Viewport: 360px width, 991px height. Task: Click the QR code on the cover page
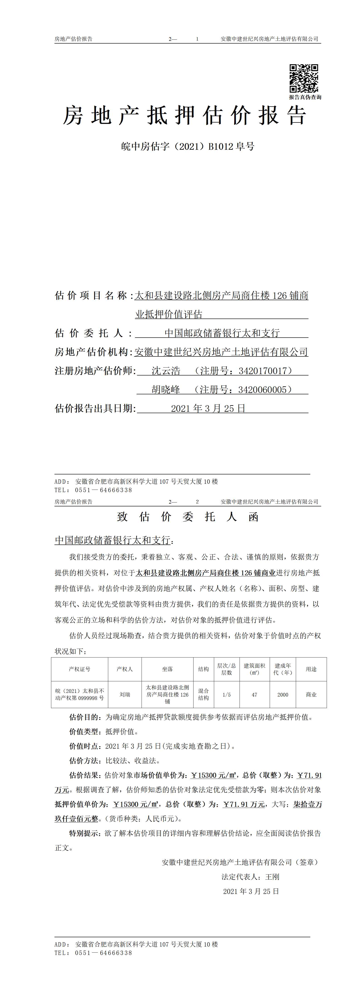tap(304, 78)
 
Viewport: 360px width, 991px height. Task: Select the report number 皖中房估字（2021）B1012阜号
tap(188, 147)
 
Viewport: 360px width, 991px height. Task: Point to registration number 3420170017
tap(263, 371)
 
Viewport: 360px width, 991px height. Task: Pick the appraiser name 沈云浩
tap(166, 371)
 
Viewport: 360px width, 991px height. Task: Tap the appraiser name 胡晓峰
tap(166, 390)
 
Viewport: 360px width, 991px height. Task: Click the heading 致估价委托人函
tap(188, 517)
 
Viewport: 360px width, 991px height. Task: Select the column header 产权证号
tap(80, 669)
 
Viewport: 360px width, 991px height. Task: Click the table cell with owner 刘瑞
tap(125, 694)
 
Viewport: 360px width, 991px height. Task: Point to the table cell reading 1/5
tap(227, 695)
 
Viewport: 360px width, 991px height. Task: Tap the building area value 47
tap(254, 695)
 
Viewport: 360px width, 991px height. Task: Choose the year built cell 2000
tap(283, 695)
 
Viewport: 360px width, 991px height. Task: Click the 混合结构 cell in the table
tap(203, 694)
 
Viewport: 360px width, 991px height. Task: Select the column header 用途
tap(311, 669)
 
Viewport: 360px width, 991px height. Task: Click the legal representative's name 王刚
tap(272, 877)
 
